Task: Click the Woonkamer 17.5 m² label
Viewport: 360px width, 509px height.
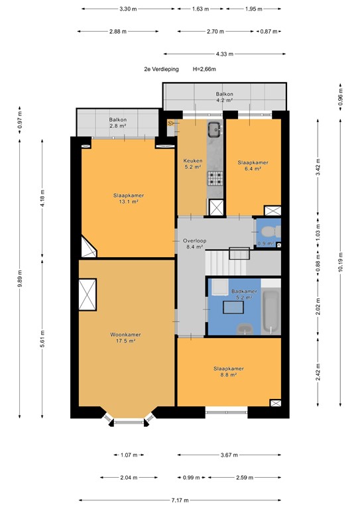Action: [x=123, y=339]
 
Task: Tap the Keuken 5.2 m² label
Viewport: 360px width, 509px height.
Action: [x=192, y=164]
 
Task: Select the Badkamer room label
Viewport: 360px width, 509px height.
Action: [x=243, y=294]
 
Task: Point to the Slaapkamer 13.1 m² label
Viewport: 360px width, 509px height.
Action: [x=129, y=199]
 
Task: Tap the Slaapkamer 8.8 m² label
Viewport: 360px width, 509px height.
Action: [x=228, y=372]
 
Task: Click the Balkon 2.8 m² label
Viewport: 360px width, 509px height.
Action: [x=118, y=122]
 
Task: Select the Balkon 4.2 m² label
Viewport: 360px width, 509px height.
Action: [x=224, y=97]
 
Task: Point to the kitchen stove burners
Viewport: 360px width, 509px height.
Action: [x=215, y=178]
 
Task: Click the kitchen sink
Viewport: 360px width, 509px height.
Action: [x=215, y=130]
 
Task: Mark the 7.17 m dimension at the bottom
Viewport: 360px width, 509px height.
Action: [x=179, y=500]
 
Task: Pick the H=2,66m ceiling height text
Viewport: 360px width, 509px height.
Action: [x=205, y=69]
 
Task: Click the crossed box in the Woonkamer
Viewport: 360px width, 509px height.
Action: [x=88, y=294]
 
